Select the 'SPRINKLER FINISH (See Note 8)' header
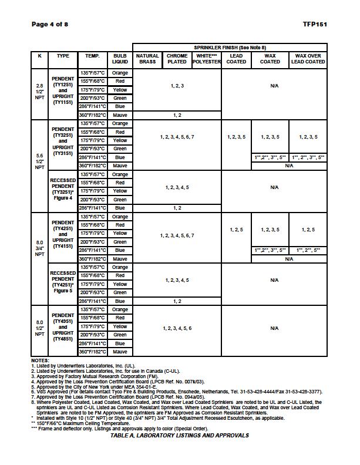[230, 47]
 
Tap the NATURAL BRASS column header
[147, 59]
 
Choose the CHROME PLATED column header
[177, 59]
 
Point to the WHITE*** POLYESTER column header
[206, 59]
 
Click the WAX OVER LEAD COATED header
[308, 59]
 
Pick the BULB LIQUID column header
[120, 59]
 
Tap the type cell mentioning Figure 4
[63, 191]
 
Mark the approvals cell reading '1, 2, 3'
[177, 86]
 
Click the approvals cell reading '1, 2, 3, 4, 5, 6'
[177, 328]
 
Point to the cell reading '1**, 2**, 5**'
[308, 250]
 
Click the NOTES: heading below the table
[40, 360]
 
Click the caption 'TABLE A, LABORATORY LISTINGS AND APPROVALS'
[179, 436]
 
